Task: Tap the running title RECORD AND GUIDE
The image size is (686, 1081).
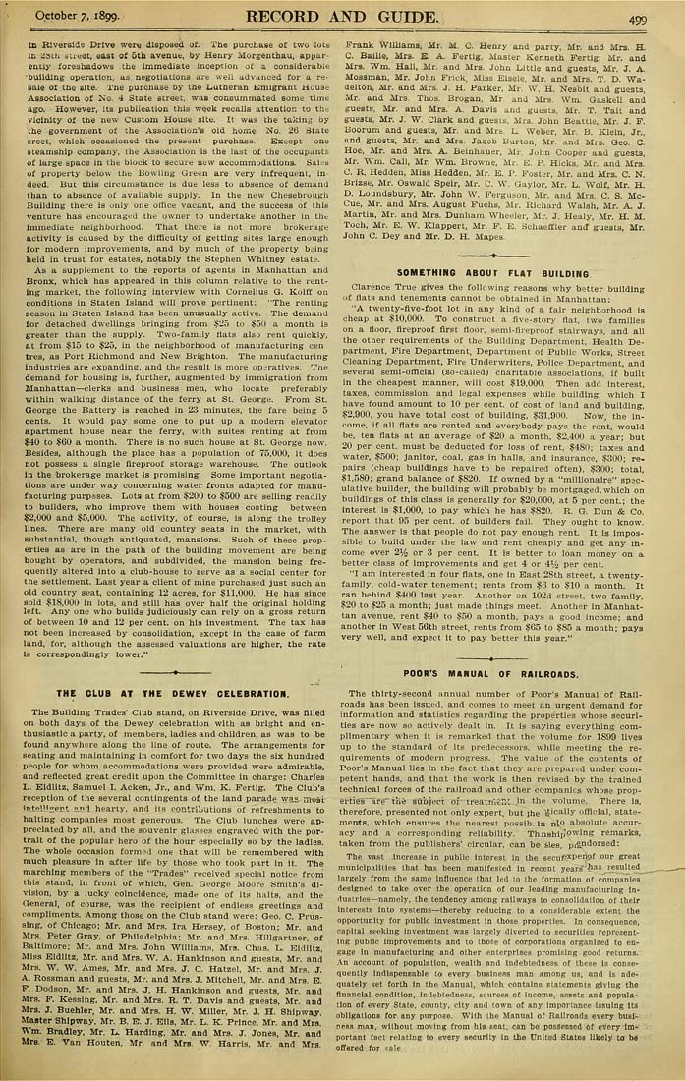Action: [x=342, y=17]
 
